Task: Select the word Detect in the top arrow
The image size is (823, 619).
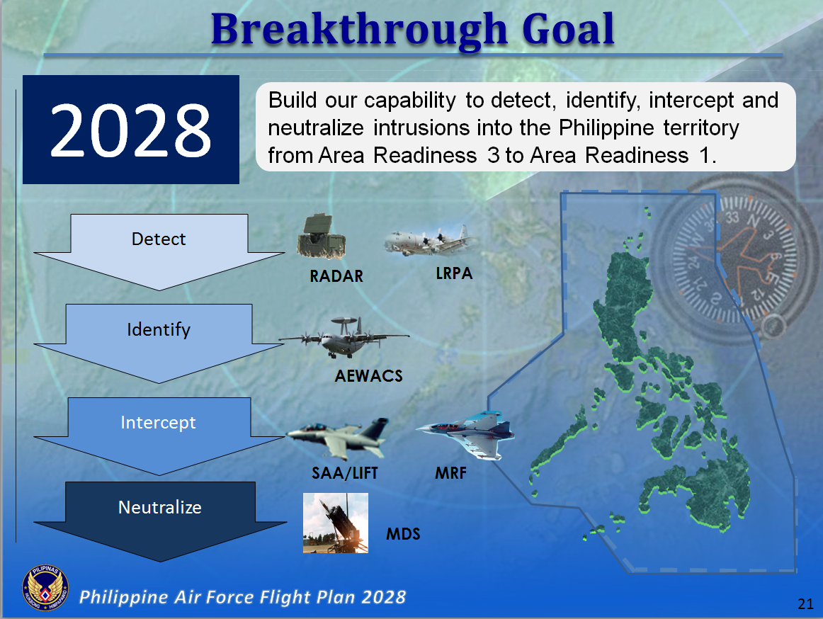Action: (x=159, y=239)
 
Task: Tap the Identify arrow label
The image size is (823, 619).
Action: (x=159, y=329)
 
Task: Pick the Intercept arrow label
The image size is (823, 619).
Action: (x=159, y=423)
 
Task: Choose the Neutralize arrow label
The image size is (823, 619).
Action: (x=160, y=507)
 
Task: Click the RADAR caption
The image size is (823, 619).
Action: (x=336, y=276)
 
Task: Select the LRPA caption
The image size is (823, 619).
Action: (x=454, y=273)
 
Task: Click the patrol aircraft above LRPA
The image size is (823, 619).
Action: (x=428, y=242)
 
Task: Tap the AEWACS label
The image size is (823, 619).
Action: (x=368, y=376)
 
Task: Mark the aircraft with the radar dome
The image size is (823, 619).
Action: (x=344, y=337)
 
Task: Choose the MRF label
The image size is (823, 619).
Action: (x=450, y=473)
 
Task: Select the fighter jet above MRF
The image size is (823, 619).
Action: (x=464, y=433)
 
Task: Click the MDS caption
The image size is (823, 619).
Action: (x=403, y=534)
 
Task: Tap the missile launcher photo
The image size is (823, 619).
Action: (x=335, y=523)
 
